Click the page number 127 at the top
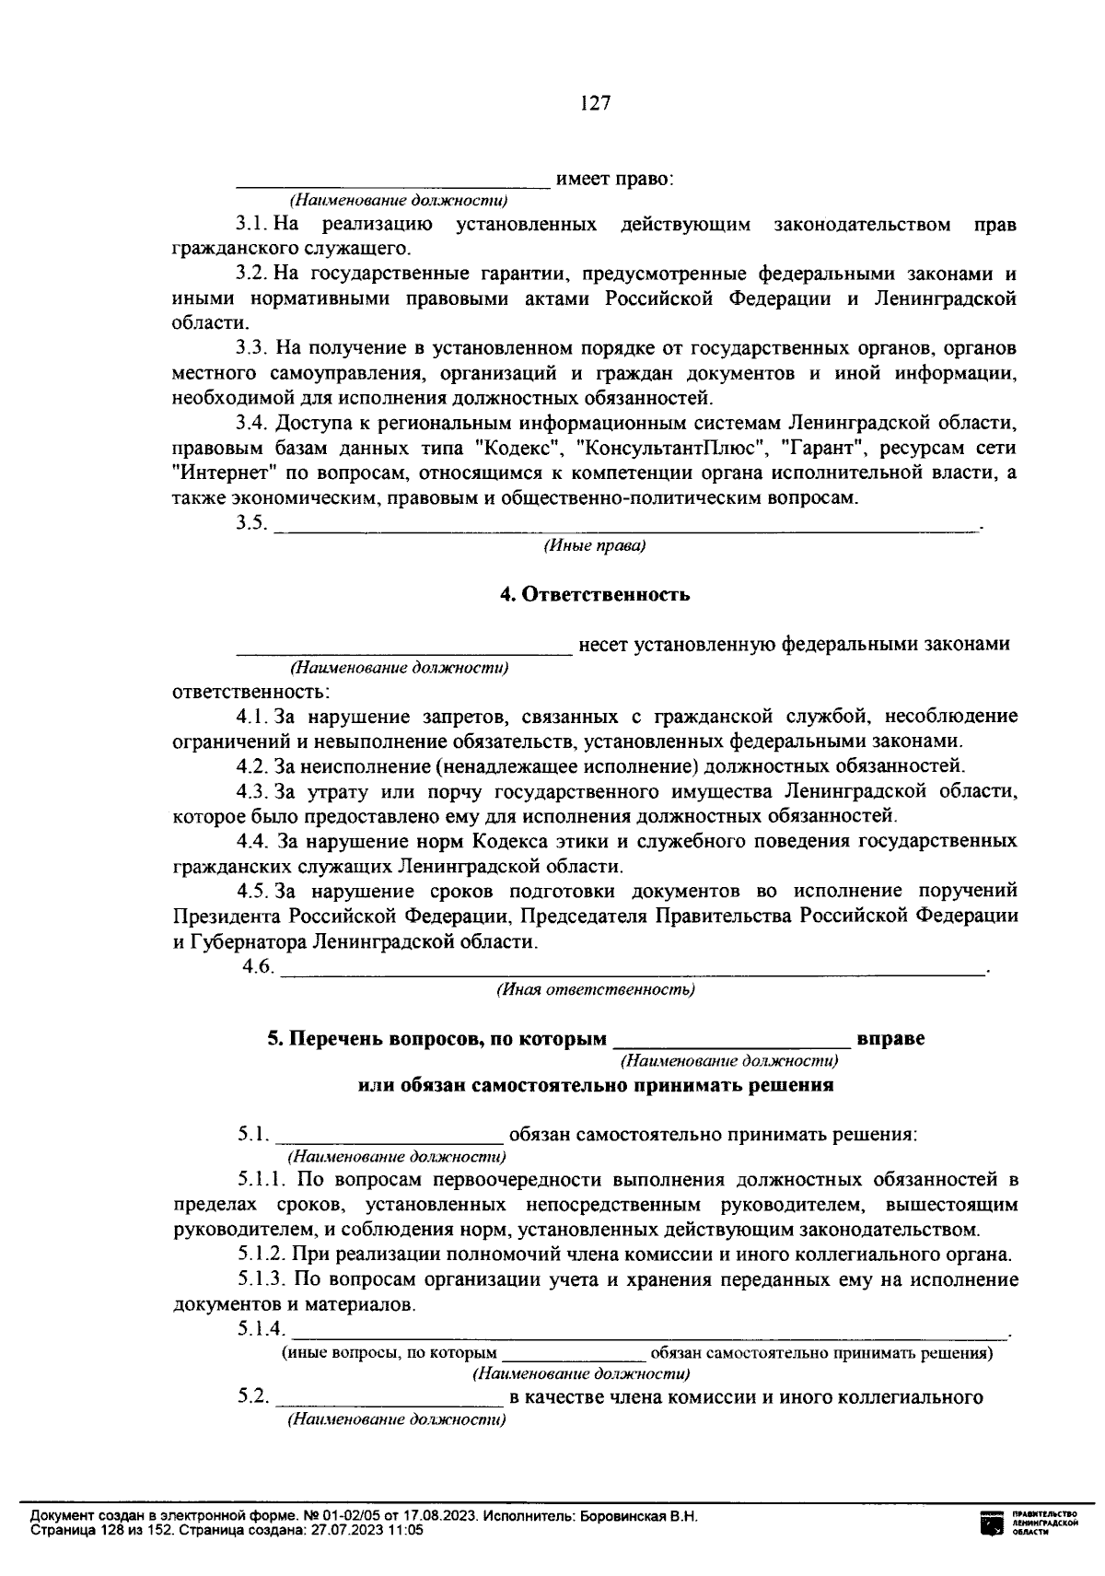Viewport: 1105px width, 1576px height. click(595, 103)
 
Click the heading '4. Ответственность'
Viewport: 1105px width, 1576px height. click(595, 595)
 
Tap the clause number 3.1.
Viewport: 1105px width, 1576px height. click(250, 224)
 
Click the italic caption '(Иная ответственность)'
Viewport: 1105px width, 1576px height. click(595, 990)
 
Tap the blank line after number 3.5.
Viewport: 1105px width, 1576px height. click(626, 525)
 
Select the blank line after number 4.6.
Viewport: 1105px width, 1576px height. click(632, 969)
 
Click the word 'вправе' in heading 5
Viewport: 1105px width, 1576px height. click(890, 1039)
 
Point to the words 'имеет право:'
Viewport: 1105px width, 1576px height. click(615, 180)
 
